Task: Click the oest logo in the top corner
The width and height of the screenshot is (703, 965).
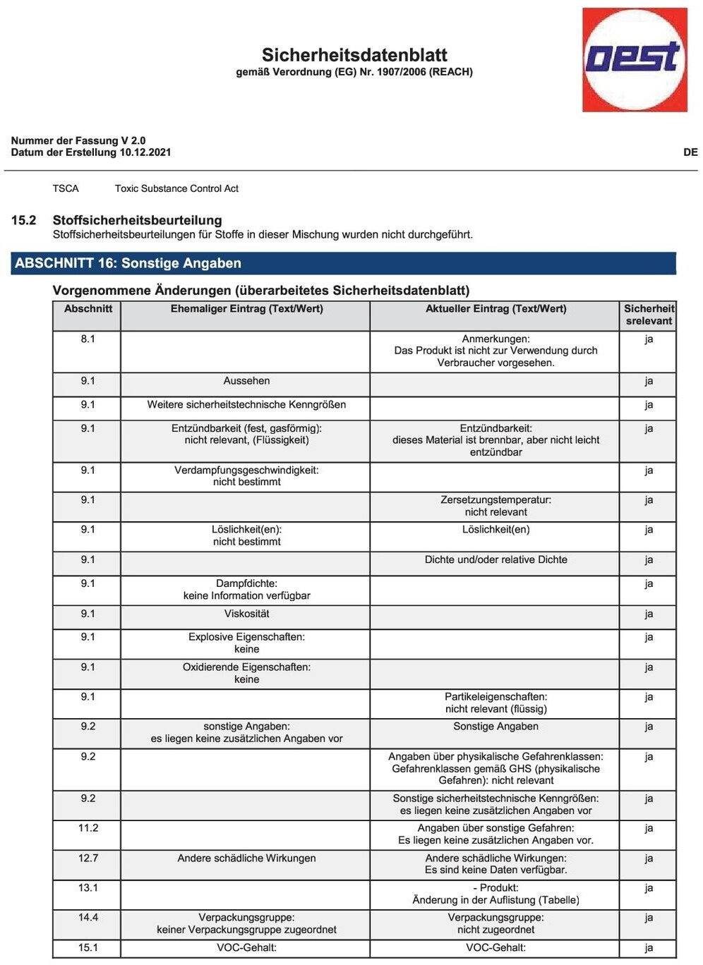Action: pos(634,60)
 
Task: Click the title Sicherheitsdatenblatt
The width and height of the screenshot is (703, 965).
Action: pos(354,55)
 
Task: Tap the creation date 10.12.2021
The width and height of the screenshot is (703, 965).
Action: pos(145,152)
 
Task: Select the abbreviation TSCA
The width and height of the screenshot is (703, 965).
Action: pos(66,188)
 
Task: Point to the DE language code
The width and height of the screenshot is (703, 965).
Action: pos(690,152)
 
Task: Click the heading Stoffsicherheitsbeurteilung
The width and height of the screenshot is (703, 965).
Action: pos(137,220)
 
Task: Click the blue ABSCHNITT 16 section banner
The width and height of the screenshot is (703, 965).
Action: pos(343,263)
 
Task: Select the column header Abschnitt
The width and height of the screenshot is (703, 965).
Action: pos(88,309)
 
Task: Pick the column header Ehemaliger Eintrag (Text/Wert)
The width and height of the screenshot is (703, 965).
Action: pos(246,309)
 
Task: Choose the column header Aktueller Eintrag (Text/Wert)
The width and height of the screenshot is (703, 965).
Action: pos(495,309)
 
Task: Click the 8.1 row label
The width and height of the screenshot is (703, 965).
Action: pos(88,339)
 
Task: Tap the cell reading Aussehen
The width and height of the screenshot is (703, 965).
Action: pos(246,381)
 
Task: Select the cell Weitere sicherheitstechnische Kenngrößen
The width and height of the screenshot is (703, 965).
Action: pos(246,405)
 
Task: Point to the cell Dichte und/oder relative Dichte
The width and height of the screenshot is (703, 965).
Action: pos(495,560)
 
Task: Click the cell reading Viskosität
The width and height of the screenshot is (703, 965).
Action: pos(246,614)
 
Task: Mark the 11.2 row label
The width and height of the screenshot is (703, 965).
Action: pos(88,828)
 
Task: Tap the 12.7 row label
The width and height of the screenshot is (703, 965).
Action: pos(88,858)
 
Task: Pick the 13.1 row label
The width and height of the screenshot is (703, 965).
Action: pos(88,888)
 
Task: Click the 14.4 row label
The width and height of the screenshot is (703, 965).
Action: pos(88,918)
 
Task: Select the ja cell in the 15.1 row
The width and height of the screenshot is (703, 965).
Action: pos(648,948)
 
